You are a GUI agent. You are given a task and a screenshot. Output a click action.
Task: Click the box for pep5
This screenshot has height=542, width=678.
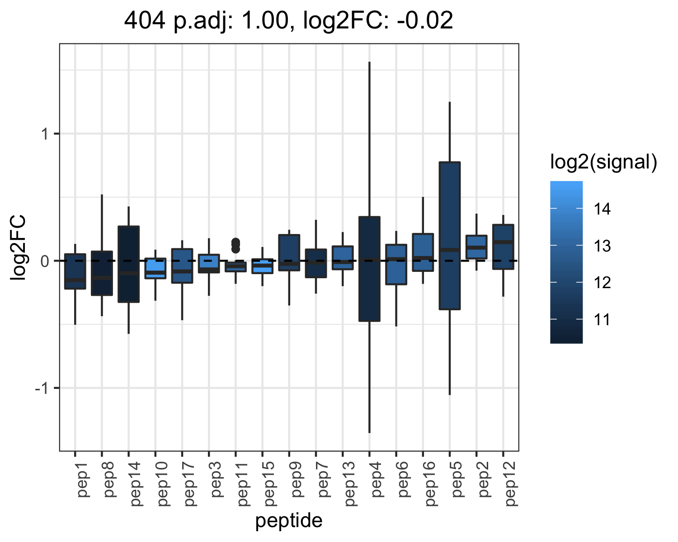[x=450, y=236]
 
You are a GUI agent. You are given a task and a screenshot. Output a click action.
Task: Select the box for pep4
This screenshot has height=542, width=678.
[x=369, y=269]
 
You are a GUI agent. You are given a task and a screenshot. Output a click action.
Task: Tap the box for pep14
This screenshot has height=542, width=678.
[x=128, y=264]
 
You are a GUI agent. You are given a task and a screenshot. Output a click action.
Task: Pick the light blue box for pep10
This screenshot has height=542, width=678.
[x=155, y=268]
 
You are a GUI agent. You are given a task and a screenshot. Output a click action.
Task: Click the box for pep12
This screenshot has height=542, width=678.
[x=503, y=247]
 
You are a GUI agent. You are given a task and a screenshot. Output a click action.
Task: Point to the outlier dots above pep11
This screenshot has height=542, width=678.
[x=235, y=245]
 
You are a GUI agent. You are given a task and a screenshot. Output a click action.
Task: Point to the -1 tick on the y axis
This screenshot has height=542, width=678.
[x=42, y=388]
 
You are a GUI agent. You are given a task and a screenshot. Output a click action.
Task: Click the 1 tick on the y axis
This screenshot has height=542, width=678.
[x=45, y=134]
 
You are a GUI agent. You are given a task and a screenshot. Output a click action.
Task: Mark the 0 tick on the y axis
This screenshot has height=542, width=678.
[x=45, y=261]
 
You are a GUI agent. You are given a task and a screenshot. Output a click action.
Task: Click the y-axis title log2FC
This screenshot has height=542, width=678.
[x=18, y=247]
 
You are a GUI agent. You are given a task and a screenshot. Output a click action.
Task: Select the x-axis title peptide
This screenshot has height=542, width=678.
[x=289, y=521]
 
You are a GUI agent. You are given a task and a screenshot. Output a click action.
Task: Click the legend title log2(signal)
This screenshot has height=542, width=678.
[x=604, y=162]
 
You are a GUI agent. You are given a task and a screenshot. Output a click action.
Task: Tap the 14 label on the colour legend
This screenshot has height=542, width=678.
[x=602, y=209]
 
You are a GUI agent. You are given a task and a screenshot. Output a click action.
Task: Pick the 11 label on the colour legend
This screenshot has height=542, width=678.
[x=602, y=320]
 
